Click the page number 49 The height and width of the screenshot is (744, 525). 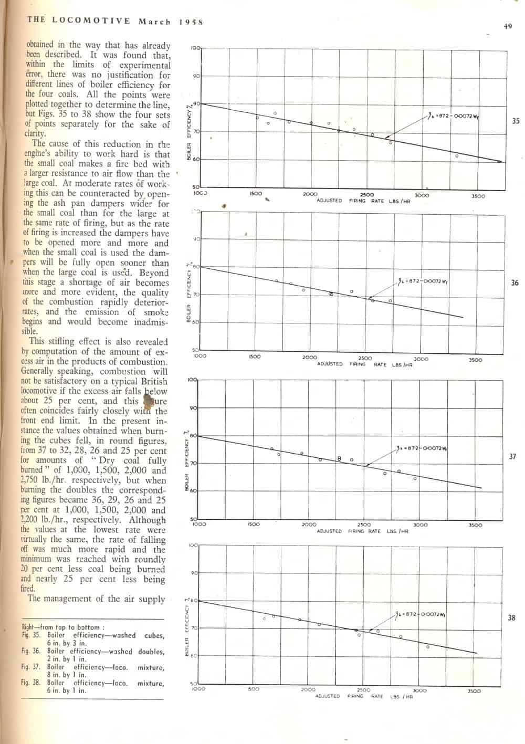[508, 26]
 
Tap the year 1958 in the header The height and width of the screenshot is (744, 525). [191, 22]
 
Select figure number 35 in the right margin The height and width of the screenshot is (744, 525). [516, 121]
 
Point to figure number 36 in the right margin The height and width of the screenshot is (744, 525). [514, 283]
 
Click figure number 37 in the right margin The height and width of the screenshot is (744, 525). [513, 457]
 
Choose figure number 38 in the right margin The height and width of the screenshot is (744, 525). [512, 618]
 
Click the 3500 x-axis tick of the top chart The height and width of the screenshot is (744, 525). [478, 196]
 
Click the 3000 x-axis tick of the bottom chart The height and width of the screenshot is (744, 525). [419, 691]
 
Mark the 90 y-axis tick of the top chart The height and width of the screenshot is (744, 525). [196, 76]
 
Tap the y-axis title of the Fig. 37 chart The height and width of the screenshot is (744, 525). [187, 460]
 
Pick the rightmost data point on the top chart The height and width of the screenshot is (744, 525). [457, 156]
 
